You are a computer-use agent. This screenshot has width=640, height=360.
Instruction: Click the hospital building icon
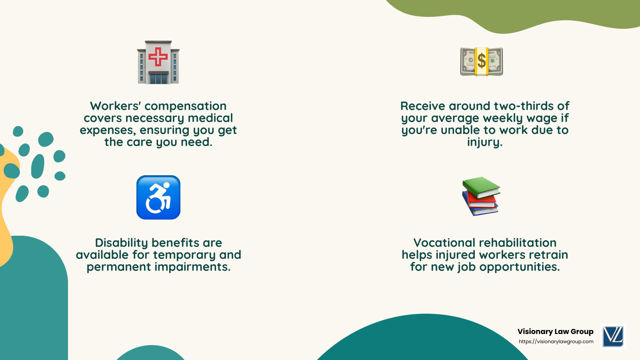[158, 62]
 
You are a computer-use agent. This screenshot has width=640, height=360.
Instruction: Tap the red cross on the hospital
[158, 56]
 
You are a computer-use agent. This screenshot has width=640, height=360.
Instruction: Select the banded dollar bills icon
[482, 62]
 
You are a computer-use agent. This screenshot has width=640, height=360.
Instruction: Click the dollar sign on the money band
[482, 61]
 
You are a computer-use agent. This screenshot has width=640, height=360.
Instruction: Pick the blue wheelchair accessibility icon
[158, 198]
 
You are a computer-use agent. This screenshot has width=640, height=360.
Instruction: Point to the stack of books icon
[481, 196]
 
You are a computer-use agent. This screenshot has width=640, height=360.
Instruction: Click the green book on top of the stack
[481, 187]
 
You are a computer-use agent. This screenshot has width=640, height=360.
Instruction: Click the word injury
[484, 142]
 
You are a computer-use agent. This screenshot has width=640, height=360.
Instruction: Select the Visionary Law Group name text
[555, 332]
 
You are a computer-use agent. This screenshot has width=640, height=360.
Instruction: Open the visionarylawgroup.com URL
[556, 342]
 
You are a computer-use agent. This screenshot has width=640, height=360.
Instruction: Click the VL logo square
[613, 336]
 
